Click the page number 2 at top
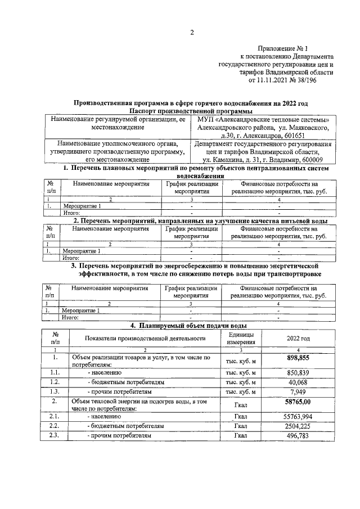(x=191, y=32)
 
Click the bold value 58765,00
(x=298, y=402)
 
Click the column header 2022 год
(x=298, y=338)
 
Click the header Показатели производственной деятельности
(x=145, y=338)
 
